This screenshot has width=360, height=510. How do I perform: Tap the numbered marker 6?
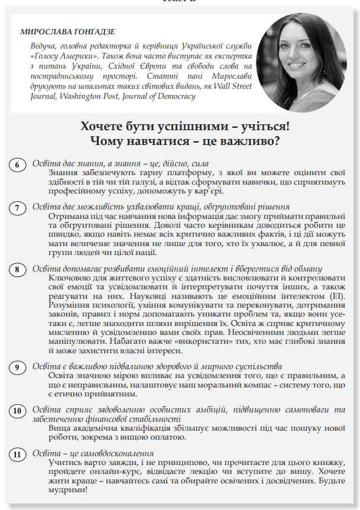18,165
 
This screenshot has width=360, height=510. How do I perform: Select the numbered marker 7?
18,208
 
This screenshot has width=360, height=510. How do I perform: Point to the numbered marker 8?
18,269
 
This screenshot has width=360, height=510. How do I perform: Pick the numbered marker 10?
18,411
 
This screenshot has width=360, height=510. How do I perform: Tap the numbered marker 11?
18,454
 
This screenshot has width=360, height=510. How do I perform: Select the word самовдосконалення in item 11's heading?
117,453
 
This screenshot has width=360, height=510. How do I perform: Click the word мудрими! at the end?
67,490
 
